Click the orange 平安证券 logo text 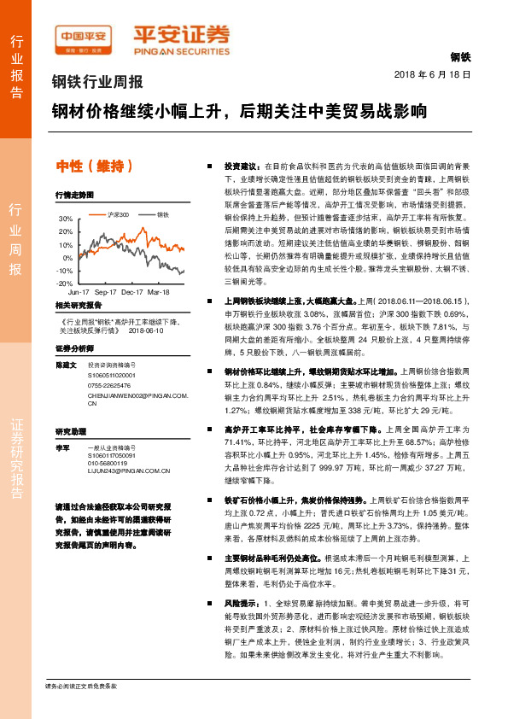point(180,34)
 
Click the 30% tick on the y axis point(65,219)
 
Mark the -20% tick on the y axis point(64,283)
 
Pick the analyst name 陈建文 point(67,364)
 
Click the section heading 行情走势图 point(74,194)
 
